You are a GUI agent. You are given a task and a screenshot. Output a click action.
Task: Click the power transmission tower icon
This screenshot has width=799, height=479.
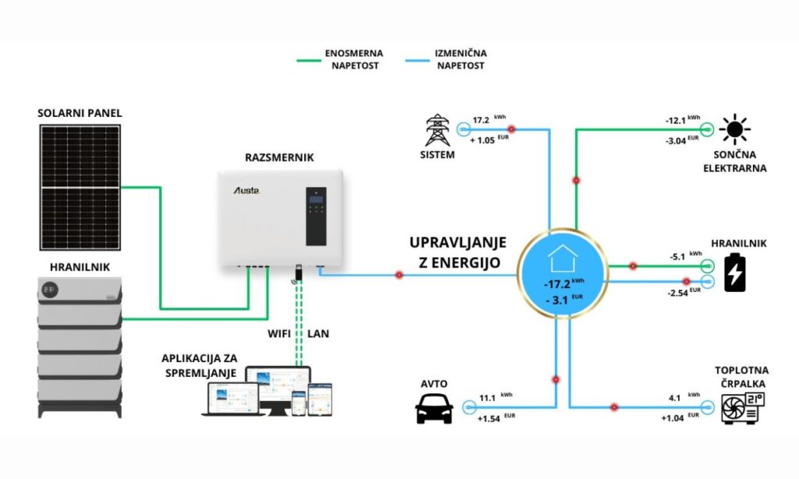439,131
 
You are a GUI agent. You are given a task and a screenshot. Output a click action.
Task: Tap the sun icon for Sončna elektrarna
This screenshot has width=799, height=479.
734,129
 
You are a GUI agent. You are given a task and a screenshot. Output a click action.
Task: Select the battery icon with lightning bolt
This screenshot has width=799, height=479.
734,271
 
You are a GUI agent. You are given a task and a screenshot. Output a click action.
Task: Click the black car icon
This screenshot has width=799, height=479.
435,407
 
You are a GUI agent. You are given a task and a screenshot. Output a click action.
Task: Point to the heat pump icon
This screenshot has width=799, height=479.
741,406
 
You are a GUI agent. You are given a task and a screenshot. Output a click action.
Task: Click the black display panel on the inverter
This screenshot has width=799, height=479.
315,215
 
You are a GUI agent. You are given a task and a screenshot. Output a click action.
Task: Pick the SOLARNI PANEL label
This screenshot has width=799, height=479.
80,113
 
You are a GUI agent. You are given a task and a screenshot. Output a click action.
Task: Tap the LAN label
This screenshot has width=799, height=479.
318,334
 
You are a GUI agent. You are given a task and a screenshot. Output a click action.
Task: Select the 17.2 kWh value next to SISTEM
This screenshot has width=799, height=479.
481,122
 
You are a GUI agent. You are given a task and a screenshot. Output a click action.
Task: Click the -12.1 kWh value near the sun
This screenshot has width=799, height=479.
676,121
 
